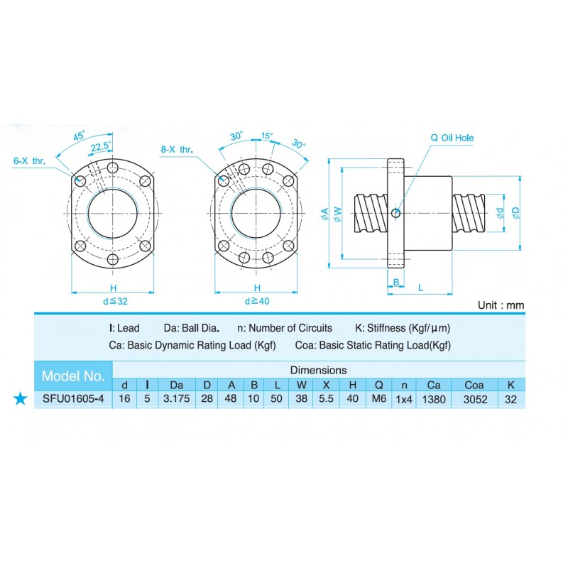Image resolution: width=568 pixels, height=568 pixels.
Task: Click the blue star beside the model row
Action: (x=21, y=399)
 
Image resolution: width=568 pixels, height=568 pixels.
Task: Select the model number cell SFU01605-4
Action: (x=73, y=399)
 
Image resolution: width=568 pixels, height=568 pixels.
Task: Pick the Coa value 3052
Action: (x=475, y=399)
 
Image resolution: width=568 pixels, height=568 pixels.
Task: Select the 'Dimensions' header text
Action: (x=319, y=370)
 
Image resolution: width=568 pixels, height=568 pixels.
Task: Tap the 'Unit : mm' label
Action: (x=501, y=305)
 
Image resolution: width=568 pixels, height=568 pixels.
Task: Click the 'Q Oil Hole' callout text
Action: (x=452, y=138)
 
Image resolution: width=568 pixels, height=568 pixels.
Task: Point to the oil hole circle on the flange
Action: (x=396, y=212)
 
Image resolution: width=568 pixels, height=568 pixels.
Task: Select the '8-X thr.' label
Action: (x=177, y=150)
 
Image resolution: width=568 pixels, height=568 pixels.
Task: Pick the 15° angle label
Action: (x=266, y=136)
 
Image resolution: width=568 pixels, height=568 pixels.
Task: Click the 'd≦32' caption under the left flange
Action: (x=114, y=300)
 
